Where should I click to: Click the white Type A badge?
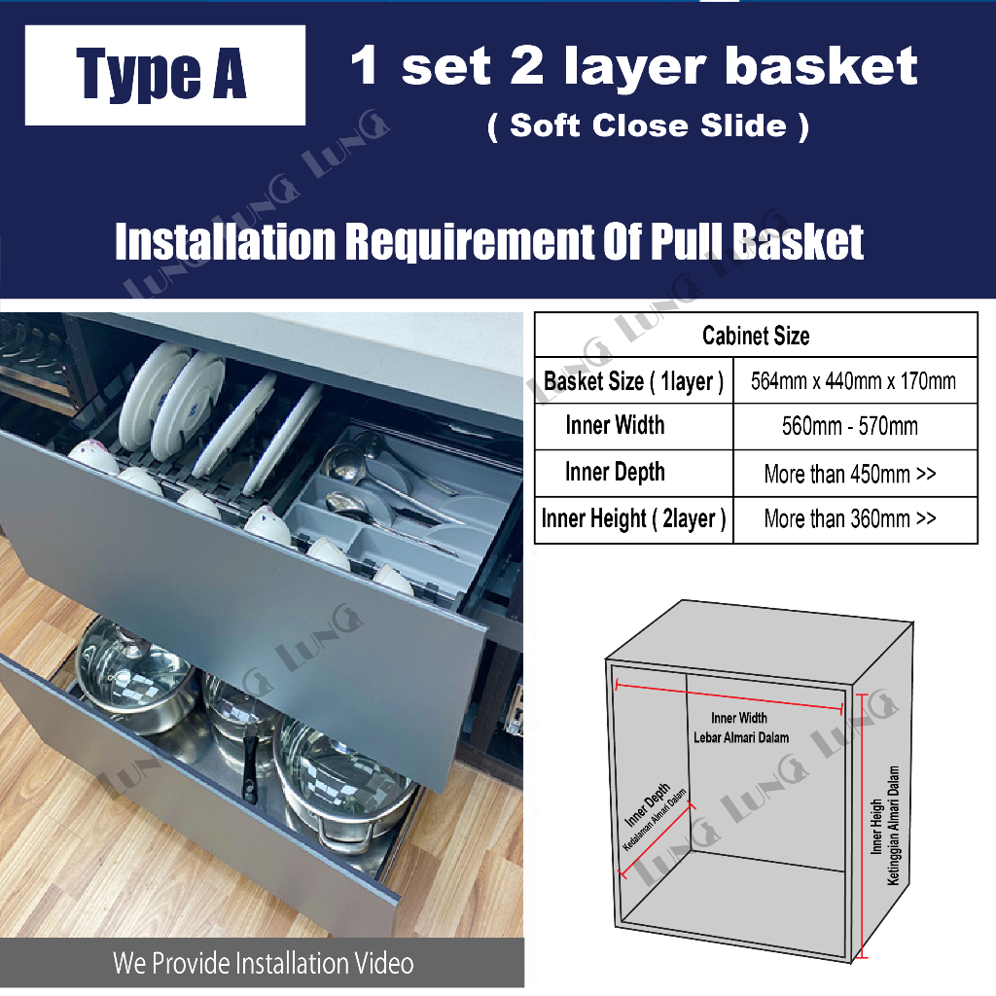pyautogui.click(x=164, y=76)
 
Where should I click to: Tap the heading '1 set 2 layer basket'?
pyautogui.click(x=634, y=66)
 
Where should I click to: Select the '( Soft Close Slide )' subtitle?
pyautogui.click(x=648, y=125)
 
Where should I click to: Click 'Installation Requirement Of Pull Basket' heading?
pyautogui.click(x=489, y=241)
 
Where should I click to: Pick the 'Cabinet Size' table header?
pyautogui.click(x=756, y=336)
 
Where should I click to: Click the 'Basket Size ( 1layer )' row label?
pyautogui.click(x=633, y=381)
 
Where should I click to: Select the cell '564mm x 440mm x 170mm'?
pyautogui.click(x=853, y=381)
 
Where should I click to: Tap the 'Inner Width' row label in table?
pyautogui.click(x=615, y=425)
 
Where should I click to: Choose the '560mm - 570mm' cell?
pyautogui.click(x=849, y=426)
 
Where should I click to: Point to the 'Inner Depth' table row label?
pyautogui.click(x=615, y=472)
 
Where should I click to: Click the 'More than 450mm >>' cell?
pyautogui.click(x=849, y=474)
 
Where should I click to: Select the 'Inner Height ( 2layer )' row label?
pyautogui.click(x=633, y=518)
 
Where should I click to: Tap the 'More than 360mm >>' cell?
pyautogui.click(x=849, y=518)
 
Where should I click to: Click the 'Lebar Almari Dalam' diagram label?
pyautogui.click(x=741, y=737)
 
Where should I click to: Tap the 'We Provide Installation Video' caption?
pyautogui.click(x=263, y=964)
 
